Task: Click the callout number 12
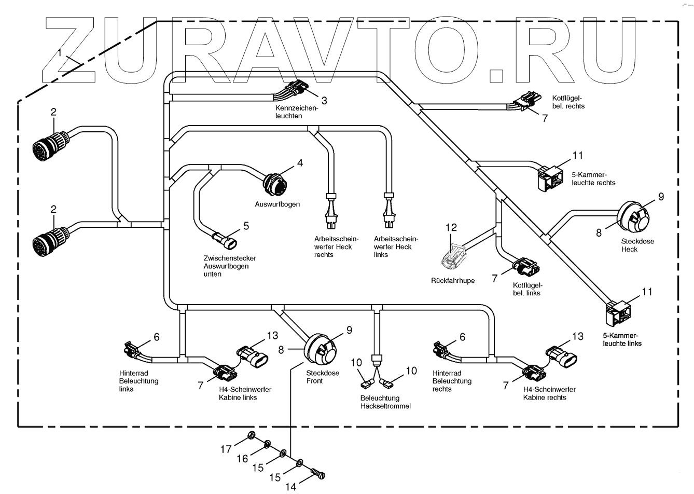click(451, 227)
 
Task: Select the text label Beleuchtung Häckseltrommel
click(385, 402)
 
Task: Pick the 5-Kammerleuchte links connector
click(619, 313)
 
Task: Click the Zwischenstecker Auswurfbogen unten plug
click(225, 240)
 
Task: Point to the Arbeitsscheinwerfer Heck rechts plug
click(330, 213)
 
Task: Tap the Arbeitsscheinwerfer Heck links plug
click(388, 213)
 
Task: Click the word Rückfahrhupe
click(453, 281)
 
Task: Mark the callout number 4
click(300, 163)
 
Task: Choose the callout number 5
click(246, 225)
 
